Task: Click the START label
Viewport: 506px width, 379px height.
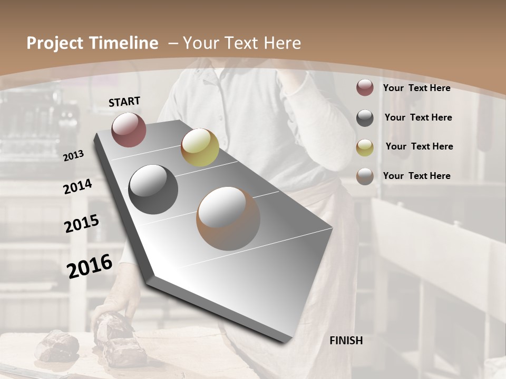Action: click(124, 102)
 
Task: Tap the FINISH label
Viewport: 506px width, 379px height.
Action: click(346, 341)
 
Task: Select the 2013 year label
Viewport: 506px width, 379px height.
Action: click(73, 156)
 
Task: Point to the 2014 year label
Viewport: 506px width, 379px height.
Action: click(77, 186)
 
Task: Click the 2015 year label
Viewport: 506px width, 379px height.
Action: click(82, 224)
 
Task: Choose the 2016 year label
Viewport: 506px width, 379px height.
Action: click(90, 266)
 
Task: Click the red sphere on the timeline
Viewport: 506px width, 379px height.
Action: click(129, 129)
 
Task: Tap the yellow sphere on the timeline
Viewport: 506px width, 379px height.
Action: click(200, 147)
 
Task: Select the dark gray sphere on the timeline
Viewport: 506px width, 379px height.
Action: click(153, 189)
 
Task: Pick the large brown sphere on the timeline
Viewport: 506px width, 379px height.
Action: click(228, 218)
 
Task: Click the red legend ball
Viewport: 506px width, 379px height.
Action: click(365, 87)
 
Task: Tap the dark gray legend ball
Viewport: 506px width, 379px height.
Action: click(365, 117)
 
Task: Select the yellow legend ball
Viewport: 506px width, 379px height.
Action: click(365, 147)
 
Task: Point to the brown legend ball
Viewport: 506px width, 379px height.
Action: click(365, 176)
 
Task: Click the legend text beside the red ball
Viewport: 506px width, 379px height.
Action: click(416, 88)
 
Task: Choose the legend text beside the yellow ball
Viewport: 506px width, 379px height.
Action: click(419, 146)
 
